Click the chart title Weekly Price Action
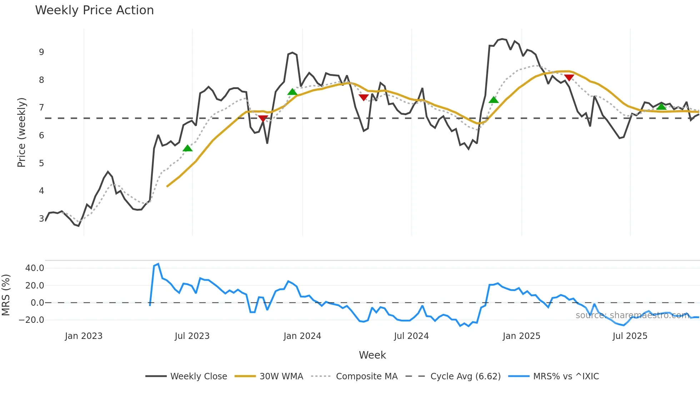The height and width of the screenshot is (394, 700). [94, 10]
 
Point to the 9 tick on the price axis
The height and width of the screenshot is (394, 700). [41, 52]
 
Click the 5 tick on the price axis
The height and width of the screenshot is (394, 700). [41, 163]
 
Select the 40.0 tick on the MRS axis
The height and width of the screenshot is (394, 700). [35, 268]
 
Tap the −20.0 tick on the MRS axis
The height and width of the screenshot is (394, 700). [31, 320]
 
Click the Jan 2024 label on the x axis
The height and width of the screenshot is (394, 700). [302, 336]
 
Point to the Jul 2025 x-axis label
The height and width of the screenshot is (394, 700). [630, 336]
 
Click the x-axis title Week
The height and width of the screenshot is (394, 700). [372, 355]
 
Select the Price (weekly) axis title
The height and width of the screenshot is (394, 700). [21, 132]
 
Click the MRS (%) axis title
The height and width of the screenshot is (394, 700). [6, 295]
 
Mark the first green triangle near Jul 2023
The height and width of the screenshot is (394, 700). [187, 148]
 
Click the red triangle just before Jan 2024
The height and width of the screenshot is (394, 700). [263, 118]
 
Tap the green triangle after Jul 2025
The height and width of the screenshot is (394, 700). [661, 107]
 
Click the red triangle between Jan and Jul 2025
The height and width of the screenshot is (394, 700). [569, 78]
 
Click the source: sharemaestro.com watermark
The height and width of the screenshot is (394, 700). [632, 315]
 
